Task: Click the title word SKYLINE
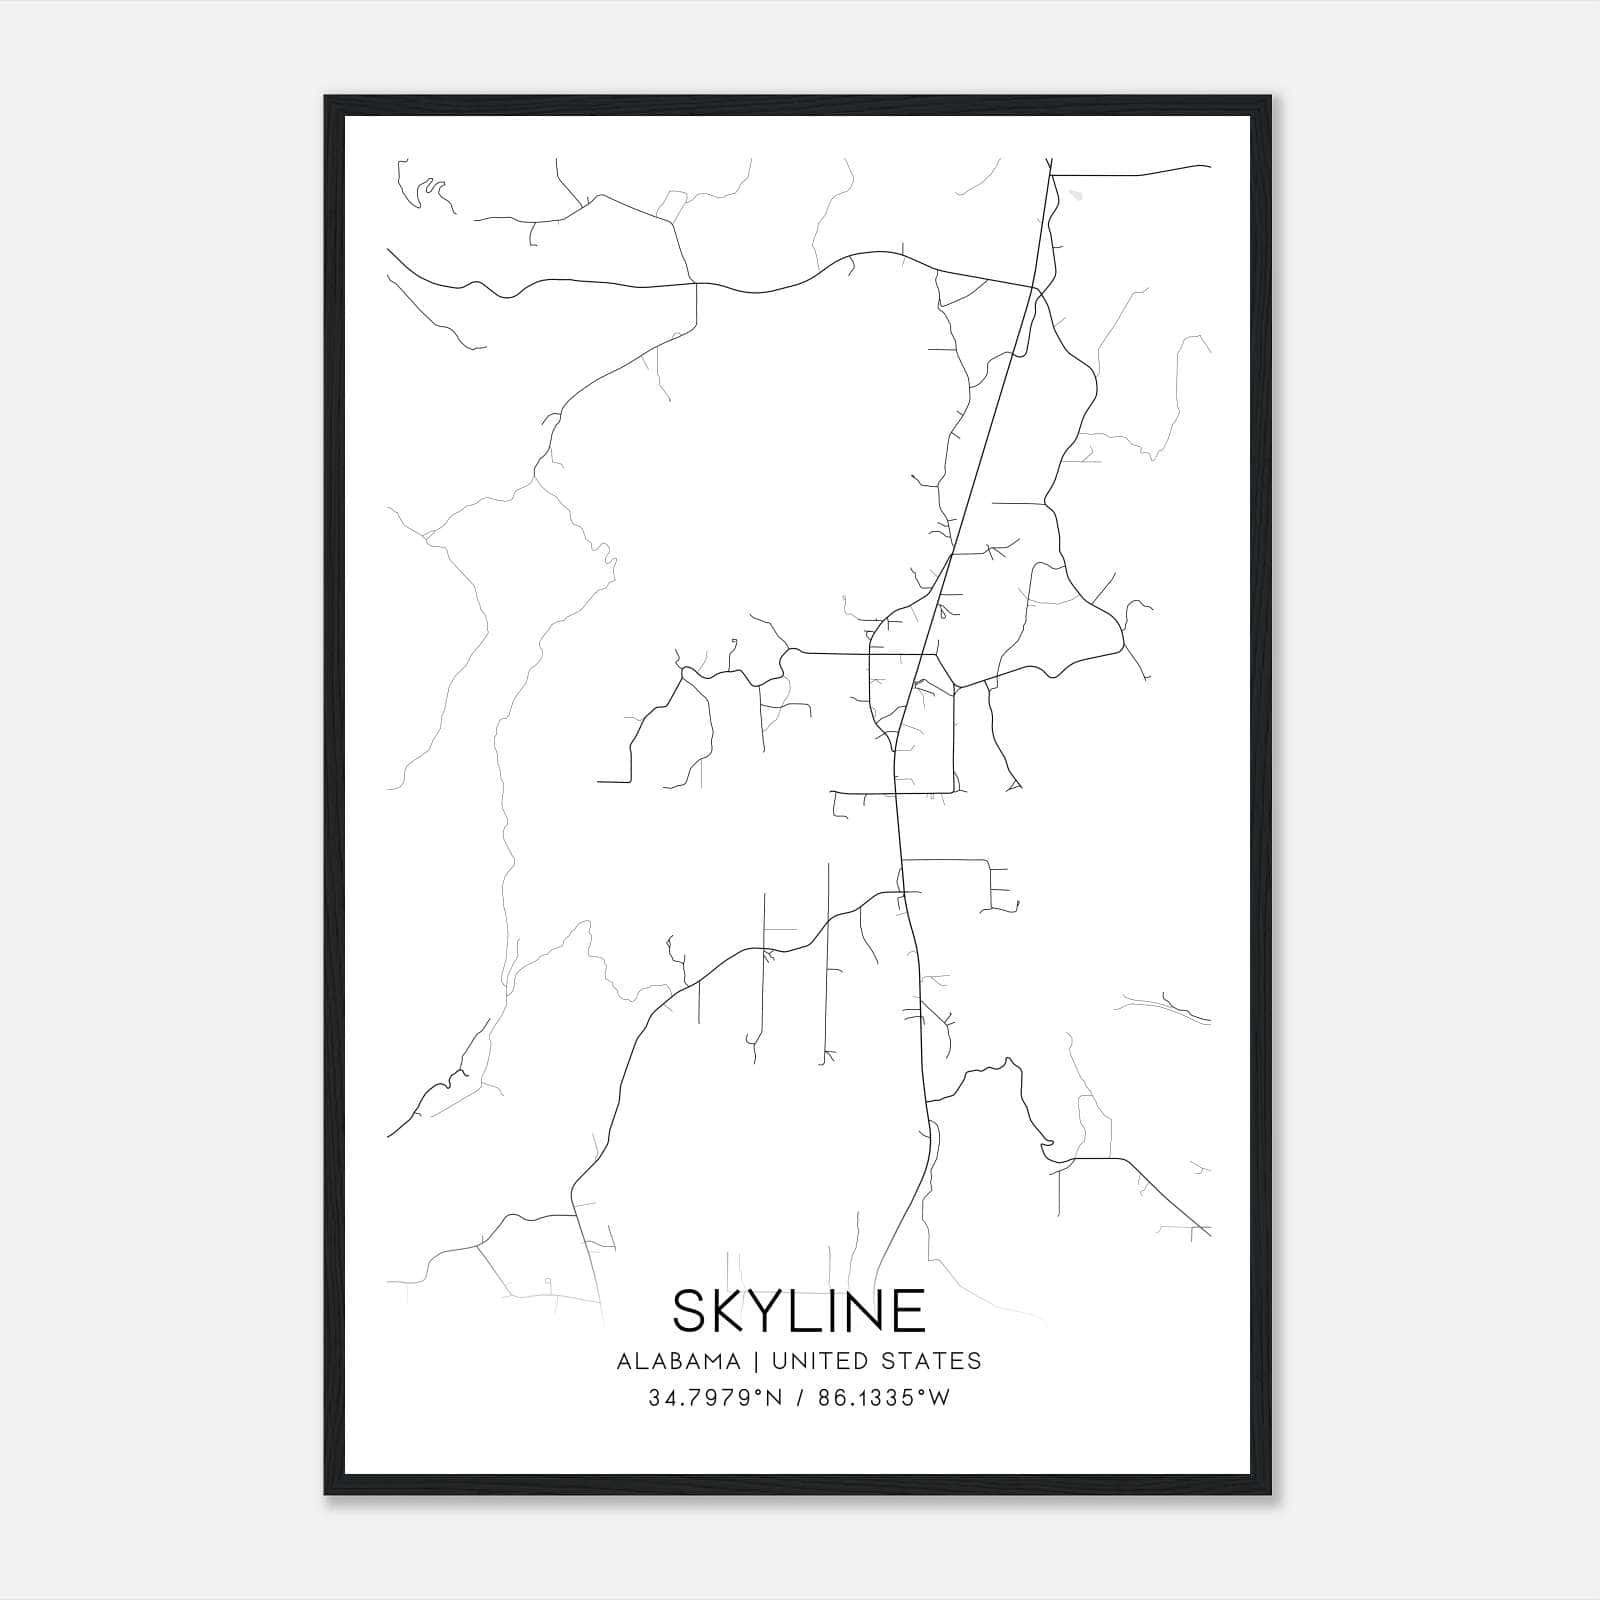click(799, 1311)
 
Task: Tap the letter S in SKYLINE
click(692, 1311)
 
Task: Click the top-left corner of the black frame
click(325, 97)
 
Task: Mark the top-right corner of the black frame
click(1270, 97)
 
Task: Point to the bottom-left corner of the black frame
click(325, 1494)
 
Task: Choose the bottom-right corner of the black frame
click(1270, 1494)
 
